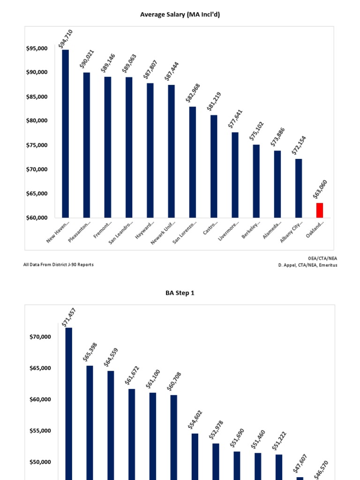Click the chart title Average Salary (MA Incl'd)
click(x=180, y=15)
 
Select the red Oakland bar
click(x=320, y=210)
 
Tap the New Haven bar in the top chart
click(x=65, y=134)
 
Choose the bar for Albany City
click(x=299, y=188)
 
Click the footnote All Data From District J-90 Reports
click(x=59, y=264)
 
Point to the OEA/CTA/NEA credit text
click(x=322, y=258)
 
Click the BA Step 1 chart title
click(x=180, y=293)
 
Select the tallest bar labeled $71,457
click(x=68, y=403)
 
